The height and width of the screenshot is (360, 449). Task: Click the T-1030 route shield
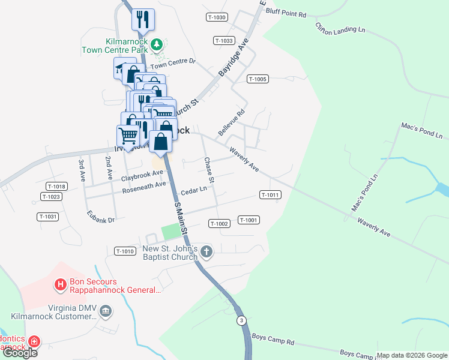pos(217,17)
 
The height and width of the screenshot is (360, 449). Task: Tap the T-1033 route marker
pos(223,41)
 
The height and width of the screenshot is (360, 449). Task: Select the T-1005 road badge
pos(257,79)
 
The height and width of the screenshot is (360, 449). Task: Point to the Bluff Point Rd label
pos(286,13)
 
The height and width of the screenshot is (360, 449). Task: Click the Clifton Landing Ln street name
pos(340,28)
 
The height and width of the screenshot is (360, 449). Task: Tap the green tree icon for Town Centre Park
pos(156,44)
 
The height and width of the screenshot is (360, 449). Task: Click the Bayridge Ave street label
pos(234,59)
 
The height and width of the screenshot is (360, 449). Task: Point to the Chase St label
pos(209,170)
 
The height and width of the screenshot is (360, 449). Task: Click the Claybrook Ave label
pos(142,176)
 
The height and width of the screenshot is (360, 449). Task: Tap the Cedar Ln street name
pos(193,190)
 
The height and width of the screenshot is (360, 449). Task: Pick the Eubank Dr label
pos(100,217)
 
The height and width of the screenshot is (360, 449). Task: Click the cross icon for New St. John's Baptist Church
pos(206,251)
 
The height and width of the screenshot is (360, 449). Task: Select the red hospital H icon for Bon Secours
pos(60,285)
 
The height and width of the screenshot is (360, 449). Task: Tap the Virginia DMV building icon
pos(106,311)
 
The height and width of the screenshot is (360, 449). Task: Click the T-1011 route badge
pos(270,195)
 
